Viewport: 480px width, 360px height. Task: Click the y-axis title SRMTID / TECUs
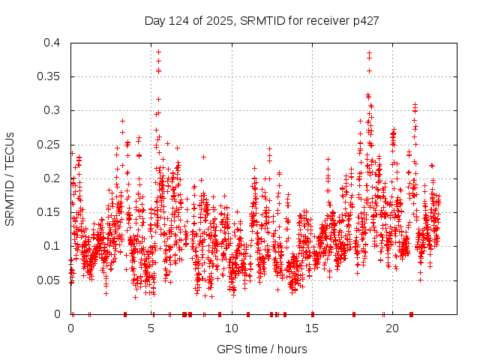[10, 178]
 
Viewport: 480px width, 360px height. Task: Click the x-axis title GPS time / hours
[262, 349]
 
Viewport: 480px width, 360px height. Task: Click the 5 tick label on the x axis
[151, 328]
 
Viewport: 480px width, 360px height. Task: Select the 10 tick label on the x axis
[232, 328]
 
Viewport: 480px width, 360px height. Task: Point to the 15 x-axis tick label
[312, 328]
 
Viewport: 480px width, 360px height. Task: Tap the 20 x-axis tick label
[392, 328]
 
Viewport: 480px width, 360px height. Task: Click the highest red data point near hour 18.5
[369, 52]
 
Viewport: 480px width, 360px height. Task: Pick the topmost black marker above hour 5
[158, 51]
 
